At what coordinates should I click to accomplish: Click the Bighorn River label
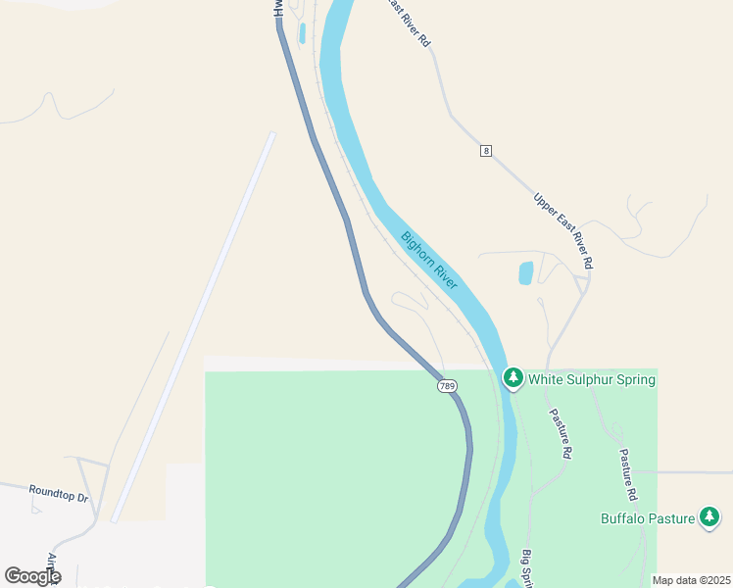[428, 259]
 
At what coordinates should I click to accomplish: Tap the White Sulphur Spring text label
[591, 378]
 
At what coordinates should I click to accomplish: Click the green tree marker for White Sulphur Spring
[513, 377]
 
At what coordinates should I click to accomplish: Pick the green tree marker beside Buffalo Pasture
[709, 516]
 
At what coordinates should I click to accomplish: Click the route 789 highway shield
[447, 386]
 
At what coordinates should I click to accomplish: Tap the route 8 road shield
[485, 150]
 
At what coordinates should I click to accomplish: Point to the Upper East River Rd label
[563, 230]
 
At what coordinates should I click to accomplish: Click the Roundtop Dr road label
[59, 493]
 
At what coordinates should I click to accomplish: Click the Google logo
[33, 576]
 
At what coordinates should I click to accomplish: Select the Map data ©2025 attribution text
[690, 580]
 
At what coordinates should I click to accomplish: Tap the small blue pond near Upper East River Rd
[526, 272]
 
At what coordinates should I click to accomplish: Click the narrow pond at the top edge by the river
[302, 32]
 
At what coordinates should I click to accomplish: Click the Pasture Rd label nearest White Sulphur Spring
[560, 434]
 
